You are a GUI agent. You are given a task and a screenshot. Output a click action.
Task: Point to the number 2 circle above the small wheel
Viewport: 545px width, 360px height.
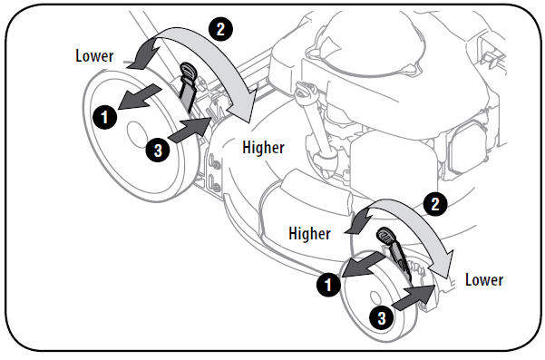click(436, 204)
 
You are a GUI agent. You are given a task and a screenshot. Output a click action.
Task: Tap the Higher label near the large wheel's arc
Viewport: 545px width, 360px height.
click(263, 147)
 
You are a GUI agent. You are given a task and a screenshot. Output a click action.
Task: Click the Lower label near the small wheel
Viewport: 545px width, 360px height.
click(483, 279)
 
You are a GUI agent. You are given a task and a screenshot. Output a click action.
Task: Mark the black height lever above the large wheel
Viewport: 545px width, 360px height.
click(189, 86)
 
